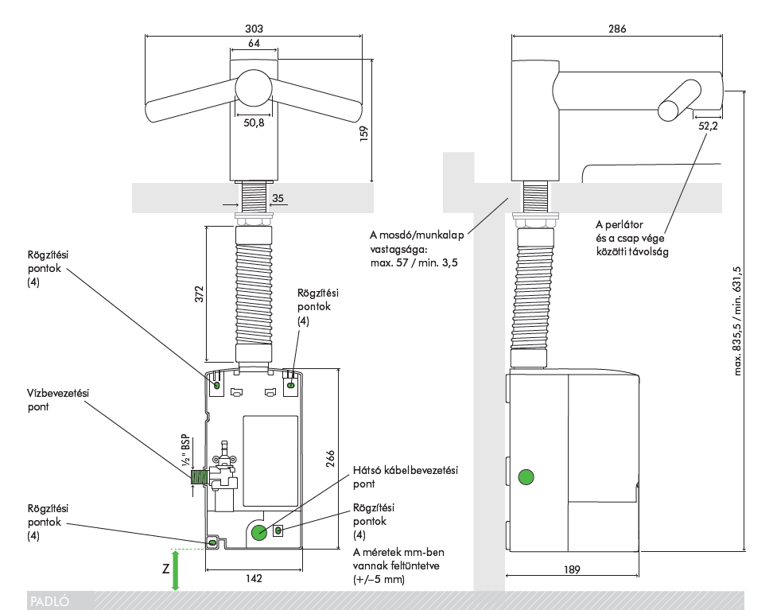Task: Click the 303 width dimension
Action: tap(254, 29)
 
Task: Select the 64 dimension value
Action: tap(254, 44)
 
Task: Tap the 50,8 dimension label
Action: tap(254, 122)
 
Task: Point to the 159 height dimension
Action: tap(363, 134)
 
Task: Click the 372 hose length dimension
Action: tap(199, 294)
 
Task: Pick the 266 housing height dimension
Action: tap(330, 459)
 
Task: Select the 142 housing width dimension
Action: tap(254, 578)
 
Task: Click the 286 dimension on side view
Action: tap(617, 29)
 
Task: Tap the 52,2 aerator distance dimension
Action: tap(708, 126)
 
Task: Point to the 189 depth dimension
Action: tap(572, 569)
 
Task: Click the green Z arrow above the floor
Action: tap(175, 570)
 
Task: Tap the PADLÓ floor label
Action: tap(50, 601)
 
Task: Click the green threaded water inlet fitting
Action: tap(199, 477)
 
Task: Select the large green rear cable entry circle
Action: tap(258, 532)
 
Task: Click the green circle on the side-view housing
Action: tap(526, 477)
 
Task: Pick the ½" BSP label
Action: tap(185, 450)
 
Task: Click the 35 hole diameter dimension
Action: tap(278, 198)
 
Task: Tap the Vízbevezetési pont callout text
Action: tap(58, 400)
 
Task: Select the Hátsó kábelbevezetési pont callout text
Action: tap(406, 477)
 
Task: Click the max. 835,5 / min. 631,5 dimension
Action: tap(737, 321)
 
